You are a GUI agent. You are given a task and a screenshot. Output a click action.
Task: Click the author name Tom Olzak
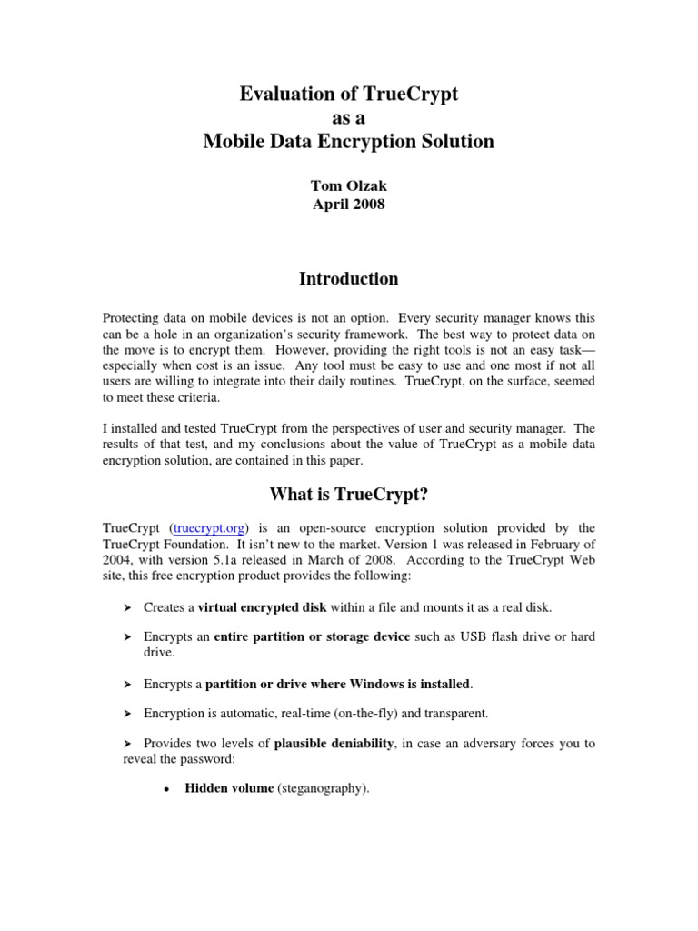tap(348, 186)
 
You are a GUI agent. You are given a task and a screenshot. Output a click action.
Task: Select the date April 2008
tap(348, 205)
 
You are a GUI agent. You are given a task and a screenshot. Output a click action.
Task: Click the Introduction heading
tap(348, 279)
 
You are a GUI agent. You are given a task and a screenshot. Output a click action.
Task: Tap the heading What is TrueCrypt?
tap(348, 495)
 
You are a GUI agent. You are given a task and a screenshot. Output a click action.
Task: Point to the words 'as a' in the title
tap(348, 117)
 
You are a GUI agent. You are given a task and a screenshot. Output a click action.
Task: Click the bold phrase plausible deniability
tap(334, 744)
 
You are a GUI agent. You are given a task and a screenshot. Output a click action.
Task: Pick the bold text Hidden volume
tap(227, 788)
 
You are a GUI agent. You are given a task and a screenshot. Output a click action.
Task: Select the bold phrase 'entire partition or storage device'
tap(312, 637)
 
